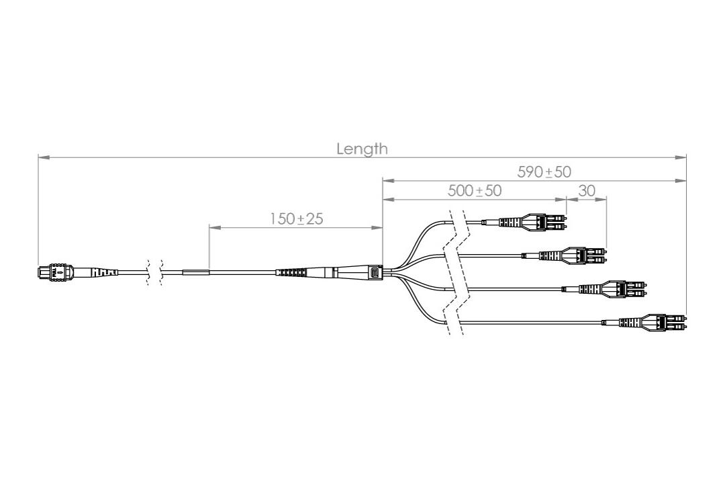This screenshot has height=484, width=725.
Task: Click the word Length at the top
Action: pos(362,149)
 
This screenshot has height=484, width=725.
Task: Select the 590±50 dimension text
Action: pos(544,172)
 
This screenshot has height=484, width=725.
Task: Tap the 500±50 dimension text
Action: pos(475,191)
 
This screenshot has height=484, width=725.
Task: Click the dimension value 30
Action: pos(587,191)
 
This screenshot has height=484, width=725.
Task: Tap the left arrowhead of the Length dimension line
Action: pos(42,157)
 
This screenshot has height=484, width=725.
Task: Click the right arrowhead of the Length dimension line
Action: pos(683,157)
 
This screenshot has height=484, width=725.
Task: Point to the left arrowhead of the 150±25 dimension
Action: pos(213,227)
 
